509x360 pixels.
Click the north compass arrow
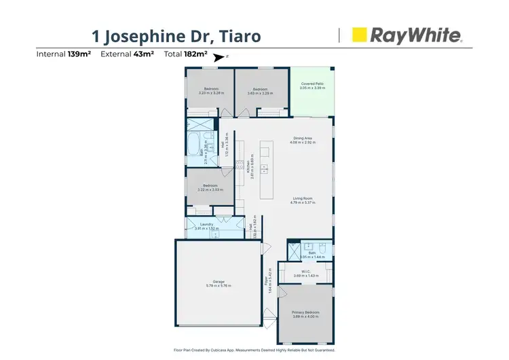[x=219, y=58]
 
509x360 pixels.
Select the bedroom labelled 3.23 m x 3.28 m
[x=211, y=91]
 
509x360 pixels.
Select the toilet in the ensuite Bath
[x=324, y=249]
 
